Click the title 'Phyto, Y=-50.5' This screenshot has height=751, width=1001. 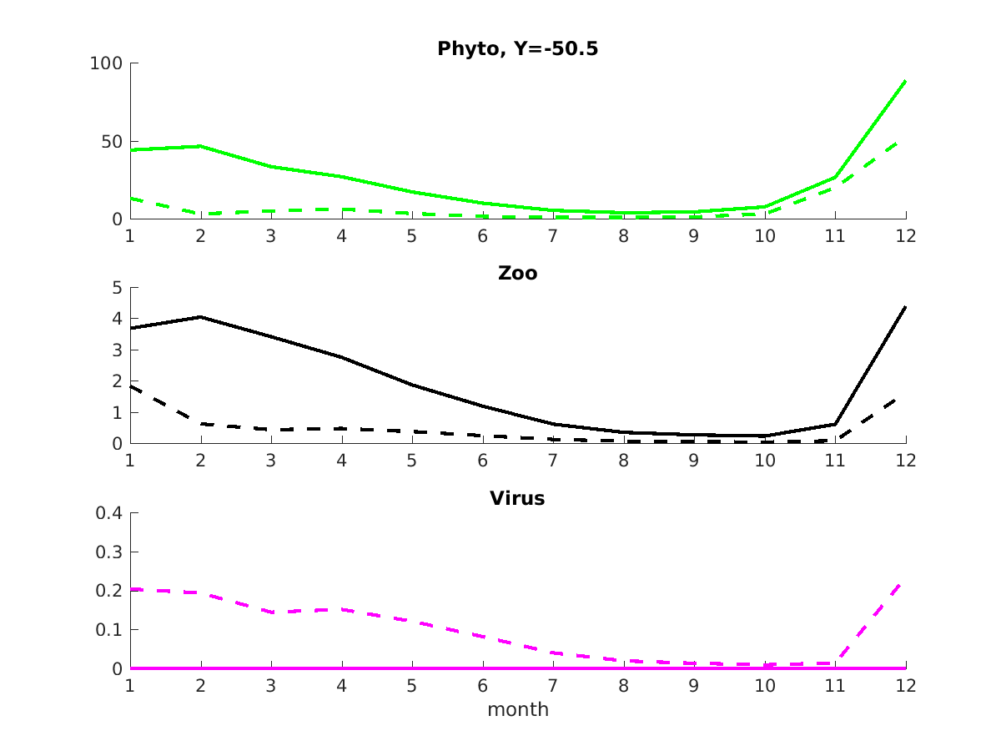point(517,49)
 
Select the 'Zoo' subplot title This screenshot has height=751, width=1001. point(517,274)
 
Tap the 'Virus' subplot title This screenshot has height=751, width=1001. point(517,499)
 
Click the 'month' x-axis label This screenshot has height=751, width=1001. point(517,710)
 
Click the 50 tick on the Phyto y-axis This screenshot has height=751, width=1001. point(112,142)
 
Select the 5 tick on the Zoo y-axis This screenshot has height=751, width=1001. point(117,288)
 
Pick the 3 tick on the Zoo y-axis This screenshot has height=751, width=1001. point(117,350)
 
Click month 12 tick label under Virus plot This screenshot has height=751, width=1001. point(905,686)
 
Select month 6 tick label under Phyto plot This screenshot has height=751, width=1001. point(482,236)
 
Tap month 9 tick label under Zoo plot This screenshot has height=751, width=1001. point(694,461)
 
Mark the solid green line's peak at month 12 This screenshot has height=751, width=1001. point(905,82)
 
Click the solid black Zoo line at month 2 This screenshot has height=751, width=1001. point(200,317)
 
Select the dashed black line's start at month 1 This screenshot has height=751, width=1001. point(130,386)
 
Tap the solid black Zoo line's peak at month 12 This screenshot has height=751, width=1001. point(905,307)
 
